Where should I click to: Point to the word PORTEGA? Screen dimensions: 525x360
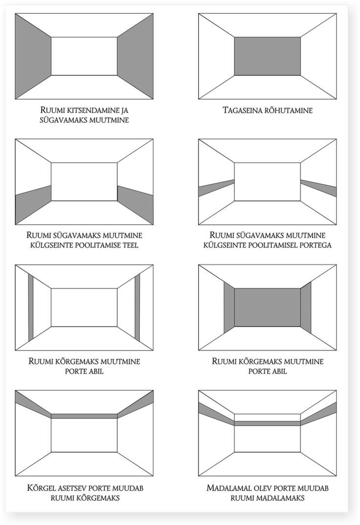(313, 245)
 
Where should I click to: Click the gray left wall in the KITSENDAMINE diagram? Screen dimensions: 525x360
(33, 56)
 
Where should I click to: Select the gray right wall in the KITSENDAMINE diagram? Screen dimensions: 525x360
(135, 56)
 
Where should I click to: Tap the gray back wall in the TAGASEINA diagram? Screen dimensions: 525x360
(267, 56)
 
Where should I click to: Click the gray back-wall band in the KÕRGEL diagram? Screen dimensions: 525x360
(84, 416)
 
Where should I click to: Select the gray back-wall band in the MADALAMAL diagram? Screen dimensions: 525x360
(267, 423)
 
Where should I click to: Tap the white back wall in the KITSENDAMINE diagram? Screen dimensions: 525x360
(84, 56)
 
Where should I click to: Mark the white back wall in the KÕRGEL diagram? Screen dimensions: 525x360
(84, 435)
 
